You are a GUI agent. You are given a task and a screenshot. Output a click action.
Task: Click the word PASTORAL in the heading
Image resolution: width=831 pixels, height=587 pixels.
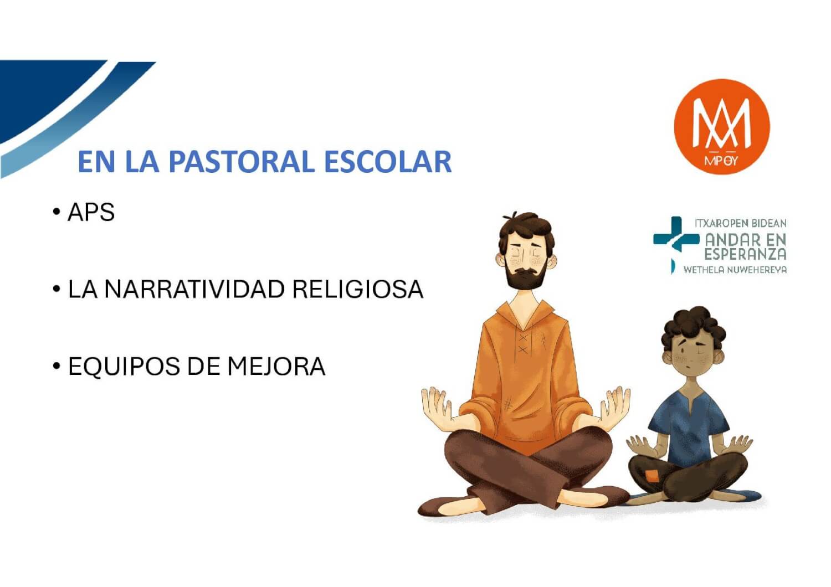coord(242,162)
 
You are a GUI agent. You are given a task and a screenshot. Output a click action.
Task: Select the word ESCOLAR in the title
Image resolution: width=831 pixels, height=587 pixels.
coord(388,162)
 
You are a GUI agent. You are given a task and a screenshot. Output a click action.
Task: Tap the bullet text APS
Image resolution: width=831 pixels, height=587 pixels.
coord(91,212)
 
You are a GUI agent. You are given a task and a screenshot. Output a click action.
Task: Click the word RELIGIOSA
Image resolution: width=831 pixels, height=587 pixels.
coord(358,289)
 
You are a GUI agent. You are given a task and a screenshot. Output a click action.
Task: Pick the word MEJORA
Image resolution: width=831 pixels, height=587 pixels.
coord(276,367)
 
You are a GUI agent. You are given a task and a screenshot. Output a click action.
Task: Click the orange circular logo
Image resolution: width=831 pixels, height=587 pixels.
coord(722,126)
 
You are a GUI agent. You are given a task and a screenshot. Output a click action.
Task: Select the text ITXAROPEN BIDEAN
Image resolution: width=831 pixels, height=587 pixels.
coord(741,223)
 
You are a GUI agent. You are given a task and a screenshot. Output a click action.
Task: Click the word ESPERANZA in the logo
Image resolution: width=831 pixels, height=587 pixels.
coord(745,254)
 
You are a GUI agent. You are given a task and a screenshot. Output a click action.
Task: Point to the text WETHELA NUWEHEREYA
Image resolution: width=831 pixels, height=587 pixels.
coord(735,270)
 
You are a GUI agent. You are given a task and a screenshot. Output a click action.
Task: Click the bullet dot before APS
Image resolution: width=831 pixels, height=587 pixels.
coord(57,212)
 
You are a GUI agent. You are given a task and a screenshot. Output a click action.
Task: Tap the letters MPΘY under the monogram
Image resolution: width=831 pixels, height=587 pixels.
coord(721,161)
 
